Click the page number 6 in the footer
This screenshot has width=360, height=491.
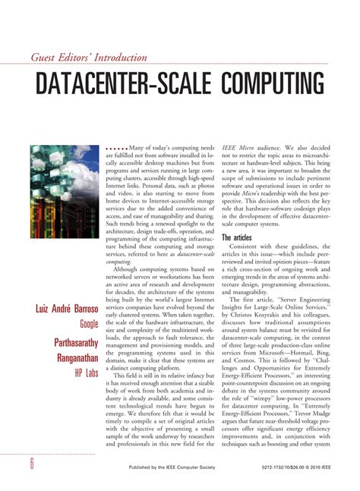pos(32,465)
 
